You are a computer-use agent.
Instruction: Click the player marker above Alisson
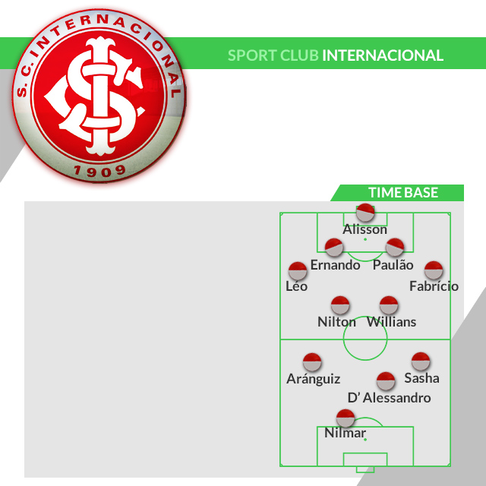[x=365, y=213]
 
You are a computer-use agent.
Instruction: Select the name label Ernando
[x=335, y=265]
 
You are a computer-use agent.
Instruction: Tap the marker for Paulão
[x=394, y=248]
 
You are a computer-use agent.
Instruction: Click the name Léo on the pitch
[x=296, y=287]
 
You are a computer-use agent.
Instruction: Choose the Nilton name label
[x=336, y=322]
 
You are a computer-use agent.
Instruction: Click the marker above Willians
[x=389, y=305]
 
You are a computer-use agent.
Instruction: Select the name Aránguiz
[x=313, y=378]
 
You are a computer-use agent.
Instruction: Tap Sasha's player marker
[x=421, y=361]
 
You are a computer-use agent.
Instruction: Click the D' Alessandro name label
[x=389, y=398]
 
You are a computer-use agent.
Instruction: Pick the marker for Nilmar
[x=346, y=418]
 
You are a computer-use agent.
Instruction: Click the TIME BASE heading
[x=403, y=193]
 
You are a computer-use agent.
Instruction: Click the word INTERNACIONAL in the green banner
[x=383, y=55]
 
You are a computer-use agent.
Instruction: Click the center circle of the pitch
[x=365, y=339]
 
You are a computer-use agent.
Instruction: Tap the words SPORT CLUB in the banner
[x=273, y=55]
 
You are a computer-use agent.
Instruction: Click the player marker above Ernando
[x=334, y=248]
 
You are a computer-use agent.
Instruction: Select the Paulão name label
[x=393, y=265]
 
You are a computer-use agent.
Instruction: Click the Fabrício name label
[x=434, y=287]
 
